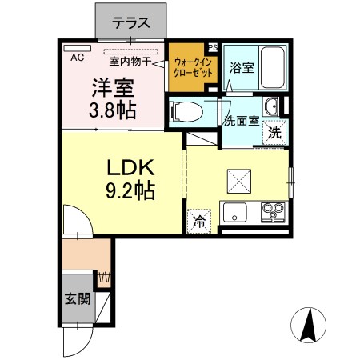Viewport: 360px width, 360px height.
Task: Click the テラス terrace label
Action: [131, 22]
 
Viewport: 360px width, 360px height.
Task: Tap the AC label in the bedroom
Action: [78, 58]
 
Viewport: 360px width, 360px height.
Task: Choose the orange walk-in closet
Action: [193, 67]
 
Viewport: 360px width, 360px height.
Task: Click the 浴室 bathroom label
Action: [242, 68]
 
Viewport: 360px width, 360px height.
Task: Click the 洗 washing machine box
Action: [274, 132]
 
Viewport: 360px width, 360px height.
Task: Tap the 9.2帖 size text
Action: [129, 192]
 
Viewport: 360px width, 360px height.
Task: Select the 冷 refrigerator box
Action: [198, 223]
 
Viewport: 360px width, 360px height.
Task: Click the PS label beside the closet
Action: [212, 46]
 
